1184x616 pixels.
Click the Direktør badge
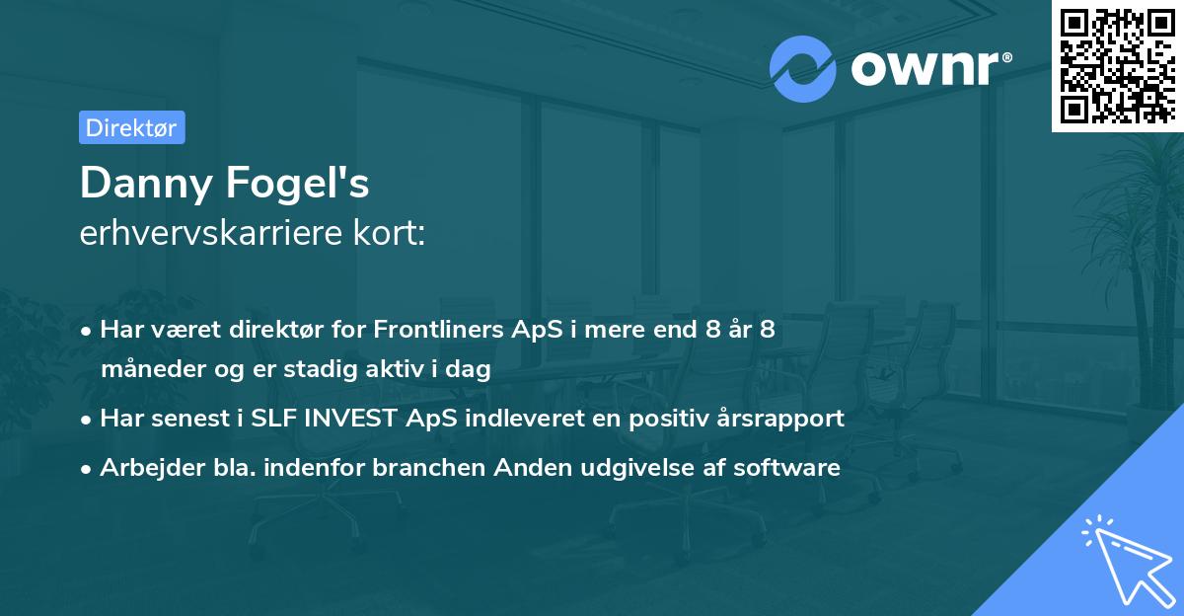pyautogui.click(x=131, y=127)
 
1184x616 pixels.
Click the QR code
pyautogui.click(x=1116, y=65)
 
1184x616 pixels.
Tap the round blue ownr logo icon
pyautogui.click(x=803, y=68)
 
